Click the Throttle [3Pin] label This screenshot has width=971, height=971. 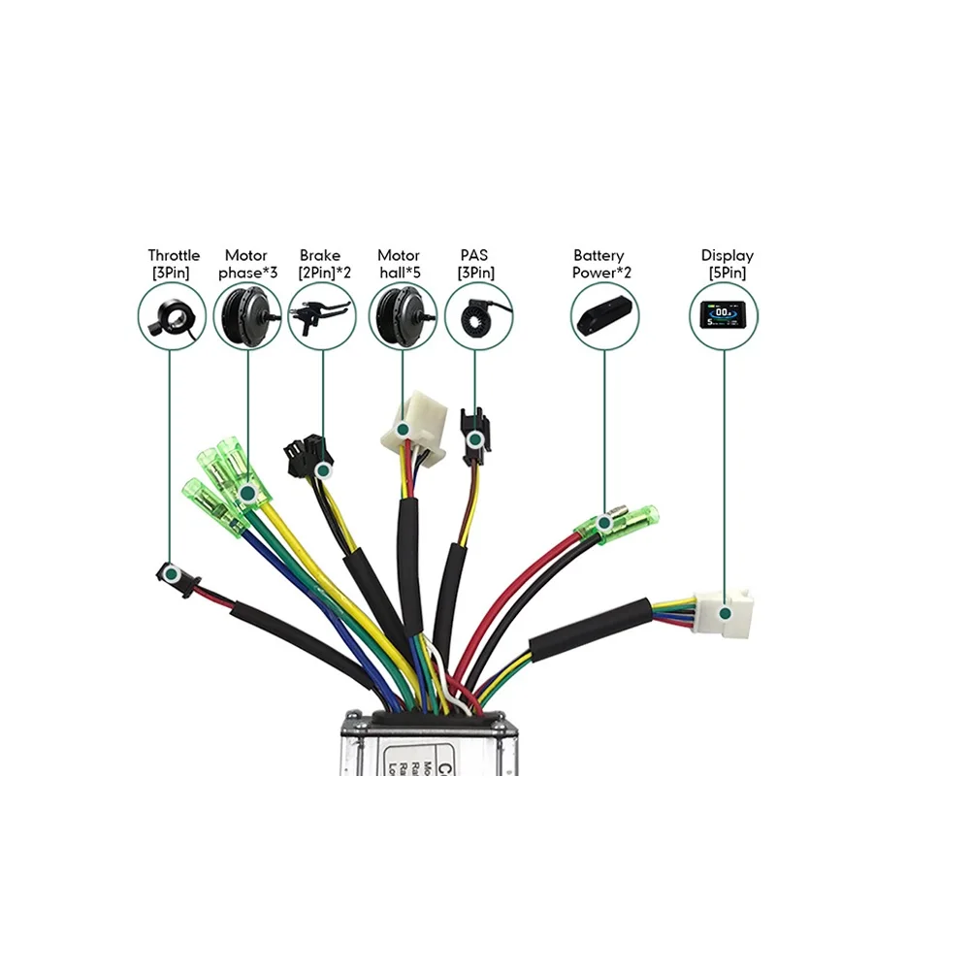174,264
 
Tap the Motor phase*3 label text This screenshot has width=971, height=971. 247,264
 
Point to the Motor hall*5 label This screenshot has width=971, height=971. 399,264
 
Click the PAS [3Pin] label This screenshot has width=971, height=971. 475,264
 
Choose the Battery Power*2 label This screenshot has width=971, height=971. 601,264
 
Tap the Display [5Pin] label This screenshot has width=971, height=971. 727,264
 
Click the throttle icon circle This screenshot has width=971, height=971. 171,317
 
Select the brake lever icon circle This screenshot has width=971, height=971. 322,317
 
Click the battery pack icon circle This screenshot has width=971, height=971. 604,317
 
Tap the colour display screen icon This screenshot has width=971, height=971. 724,317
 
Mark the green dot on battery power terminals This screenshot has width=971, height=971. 604,524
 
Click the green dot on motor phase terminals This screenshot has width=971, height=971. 247,494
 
